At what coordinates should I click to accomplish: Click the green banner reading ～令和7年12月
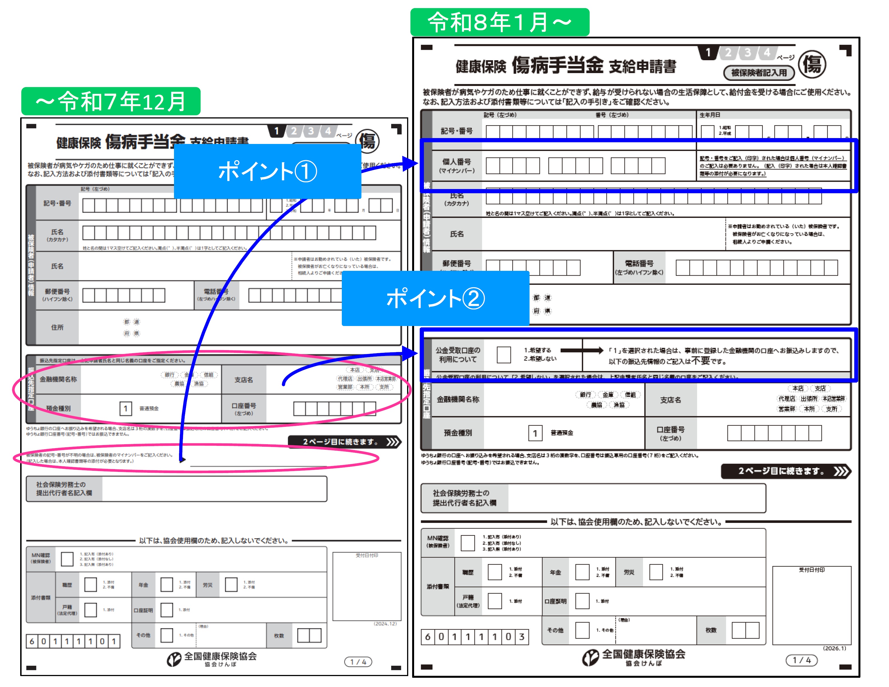tap(111, 101)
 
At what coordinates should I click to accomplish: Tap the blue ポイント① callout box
tap(268, 171)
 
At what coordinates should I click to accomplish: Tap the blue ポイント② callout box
tap(435, 298)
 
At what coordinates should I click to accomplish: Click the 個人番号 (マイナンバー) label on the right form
tap(457, 166)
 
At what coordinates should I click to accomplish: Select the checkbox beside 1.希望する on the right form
tap(503, 355)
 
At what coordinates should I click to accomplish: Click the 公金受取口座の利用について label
tap(458, 355)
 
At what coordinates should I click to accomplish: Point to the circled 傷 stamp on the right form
tap(812, 64)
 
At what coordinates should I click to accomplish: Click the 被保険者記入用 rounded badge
tap(759, 73)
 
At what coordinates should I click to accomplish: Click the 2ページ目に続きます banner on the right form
tap(786, 471)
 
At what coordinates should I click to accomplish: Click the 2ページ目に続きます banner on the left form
tap(344, 442)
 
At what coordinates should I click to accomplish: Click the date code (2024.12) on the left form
tap(385, 623)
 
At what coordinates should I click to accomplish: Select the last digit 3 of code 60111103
tap(521, 637)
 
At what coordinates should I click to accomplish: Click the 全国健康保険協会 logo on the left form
tap(212, 658)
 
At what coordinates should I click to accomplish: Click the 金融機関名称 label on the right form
tap(458, 400)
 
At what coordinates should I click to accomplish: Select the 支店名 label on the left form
tap(243, 380)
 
